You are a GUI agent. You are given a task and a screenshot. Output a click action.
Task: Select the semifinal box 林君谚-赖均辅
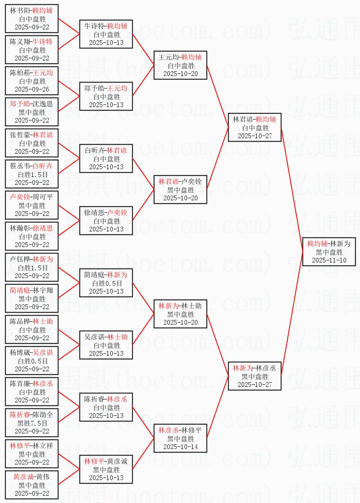click(255, 127)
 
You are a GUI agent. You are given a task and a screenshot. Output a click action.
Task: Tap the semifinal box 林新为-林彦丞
click(255, 376)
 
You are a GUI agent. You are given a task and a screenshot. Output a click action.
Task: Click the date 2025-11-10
click(329, 260)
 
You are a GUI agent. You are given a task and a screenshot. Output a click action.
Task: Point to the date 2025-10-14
click(180, 447)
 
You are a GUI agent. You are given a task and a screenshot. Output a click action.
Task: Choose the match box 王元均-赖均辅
click(180, 65)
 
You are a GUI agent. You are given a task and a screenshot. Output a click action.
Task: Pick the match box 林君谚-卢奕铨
click(180, 190)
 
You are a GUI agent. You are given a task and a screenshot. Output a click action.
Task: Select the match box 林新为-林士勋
click(180, 314)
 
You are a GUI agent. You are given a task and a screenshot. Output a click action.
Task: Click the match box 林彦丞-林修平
click(180, 438)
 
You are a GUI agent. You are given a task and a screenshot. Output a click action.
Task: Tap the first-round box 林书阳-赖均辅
click(32, 19)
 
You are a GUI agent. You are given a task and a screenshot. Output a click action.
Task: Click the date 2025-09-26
click(32, 89)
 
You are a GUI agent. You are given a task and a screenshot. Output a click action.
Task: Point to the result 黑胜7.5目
click(32, 423)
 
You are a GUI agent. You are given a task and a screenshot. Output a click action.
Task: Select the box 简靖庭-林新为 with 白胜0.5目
click(106, 283)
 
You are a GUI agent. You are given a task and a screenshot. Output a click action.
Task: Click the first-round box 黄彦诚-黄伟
click(32, 485)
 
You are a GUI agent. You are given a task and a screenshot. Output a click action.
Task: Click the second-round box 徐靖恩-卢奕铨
click(106, 221)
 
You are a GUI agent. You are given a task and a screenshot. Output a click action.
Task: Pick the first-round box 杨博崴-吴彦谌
click(32, 361)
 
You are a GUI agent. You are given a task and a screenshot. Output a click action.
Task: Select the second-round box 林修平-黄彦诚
click(106, 469)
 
